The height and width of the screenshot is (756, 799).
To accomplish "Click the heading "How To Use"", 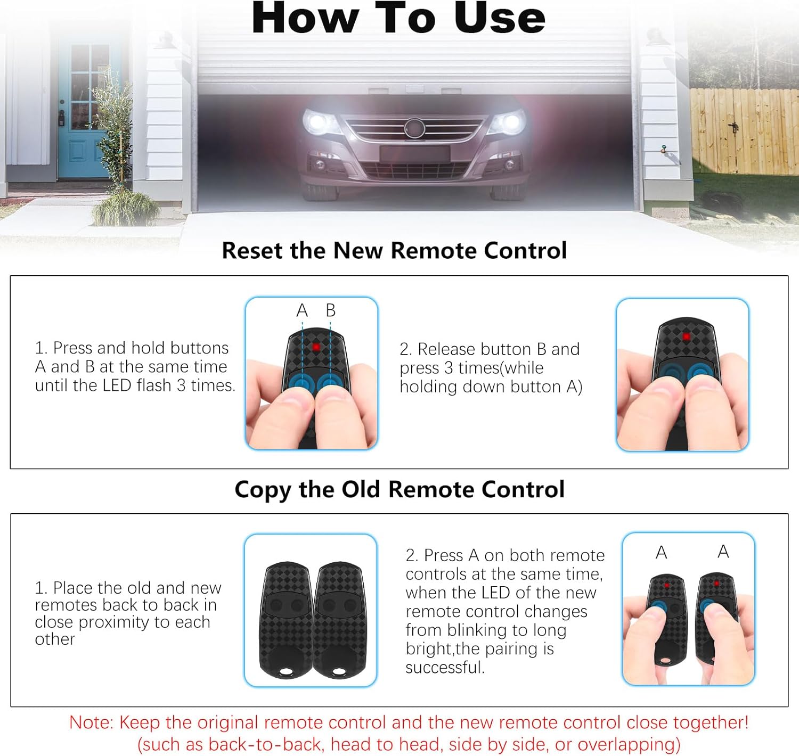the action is pos(398,18).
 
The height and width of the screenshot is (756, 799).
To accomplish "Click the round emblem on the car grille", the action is pos(414,128).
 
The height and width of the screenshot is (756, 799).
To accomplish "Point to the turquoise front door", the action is pos(83,110).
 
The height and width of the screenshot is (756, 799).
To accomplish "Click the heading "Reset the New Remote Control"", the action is pos(394,250).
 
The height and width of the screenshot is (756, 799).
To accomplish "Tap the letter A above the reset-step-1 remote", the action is pos(302,310).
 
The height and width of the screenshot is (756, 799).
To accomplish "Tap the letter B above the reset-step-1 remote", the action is pos(330,310).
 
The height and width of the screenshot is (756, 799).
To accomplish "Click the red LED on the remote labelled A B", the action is pos(316,347).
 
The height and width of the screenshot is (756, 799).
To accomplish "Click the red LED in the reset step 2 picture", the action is pos(686,337).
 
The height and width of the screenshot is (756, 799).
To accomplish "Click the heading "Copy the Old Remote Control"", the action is pos(399,489).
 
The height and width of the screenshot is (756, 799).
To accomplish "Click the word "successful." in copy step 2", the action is pos(445,668).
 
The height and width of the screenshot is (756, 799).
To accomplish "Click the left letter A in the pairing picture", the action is pos(661,553).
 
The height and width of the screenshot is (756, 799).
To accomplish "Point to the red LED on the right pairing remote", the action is pos(716,584).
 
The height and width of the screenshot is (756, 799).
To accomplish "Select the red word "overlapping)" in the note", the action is pos(629,745).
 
